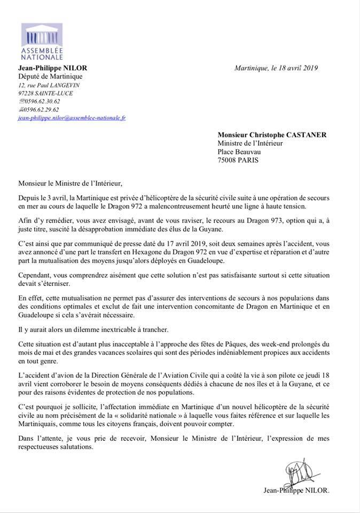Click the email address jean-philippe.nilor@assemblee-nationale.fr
point(72,118)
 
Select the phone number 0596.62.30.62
point(41,102)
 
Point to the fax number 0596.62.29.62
point(41,110)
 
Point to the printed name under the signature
point(296,489)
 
